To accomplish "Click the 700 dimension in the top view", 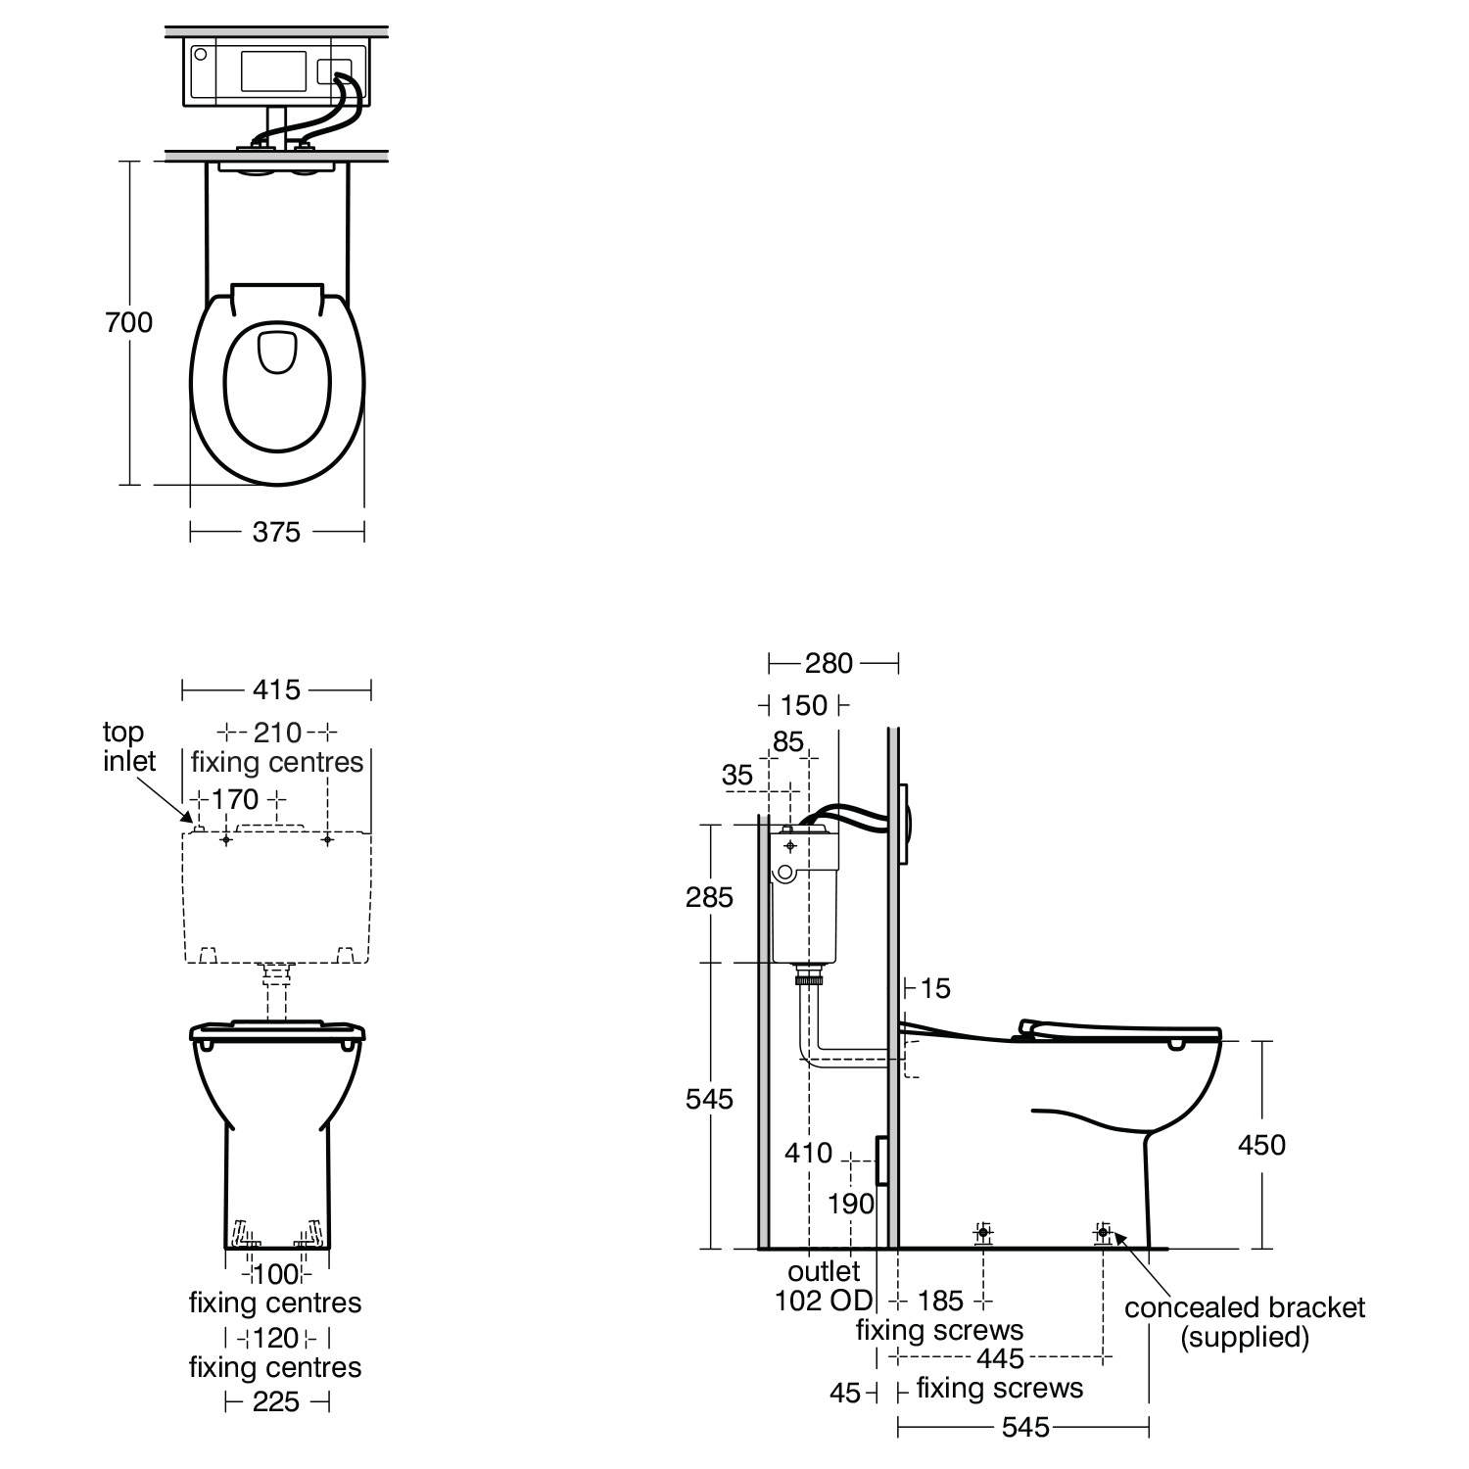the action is click(x=129, y=322).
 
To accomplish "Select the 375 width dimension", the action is click(x=276, y=532).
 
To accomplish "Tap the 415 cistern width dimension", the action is click(x=276, y=690).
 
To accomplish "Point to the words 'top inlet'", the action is click(x=129, y=746).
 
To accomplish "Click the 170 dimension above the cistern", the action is click(x=235, y=800).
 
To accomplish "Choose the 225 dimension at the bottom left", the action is click(x=276, y=1402).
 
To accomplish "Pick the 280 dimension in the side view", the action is click(x=829, y=664).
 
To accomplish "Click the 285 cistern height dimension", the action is click(x=709, y=897).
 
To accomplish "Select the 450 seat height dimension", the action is click(x=1261, y=1145).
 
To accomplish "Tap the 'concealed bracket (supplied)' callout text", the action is click(x=1245, y=1322).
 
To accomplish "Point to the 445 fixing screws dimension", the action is click(x=1000, y=1358).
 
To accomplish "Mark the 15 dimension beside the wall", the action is click(x=935, y=989).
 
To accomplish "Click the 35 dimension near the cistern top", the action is click(x=737, y=776).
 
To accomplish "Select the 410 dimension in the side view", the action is click(x=809, y=1154).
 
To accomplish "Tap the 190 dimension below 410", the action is click(x=850, y=1204).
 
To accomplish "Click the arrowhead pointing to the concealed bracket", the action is click(x=1118, y=1239).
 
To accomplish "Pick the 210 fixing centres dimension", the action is click(x=277, y=733).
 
